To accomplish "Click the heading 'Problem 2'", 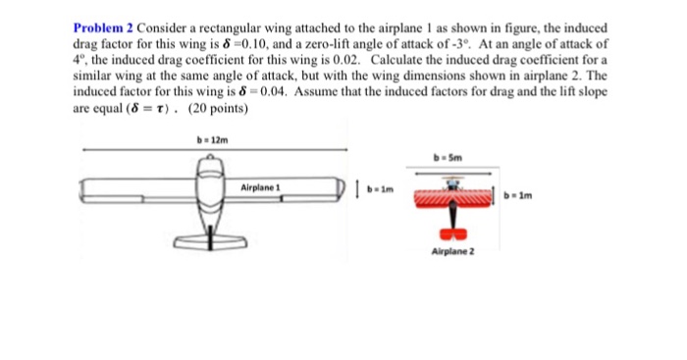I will [x=100, y=27].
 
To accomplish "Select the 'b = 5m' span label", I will [x=453, y=157].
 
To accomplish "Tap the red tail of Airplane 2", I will [x=452, y=235].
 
